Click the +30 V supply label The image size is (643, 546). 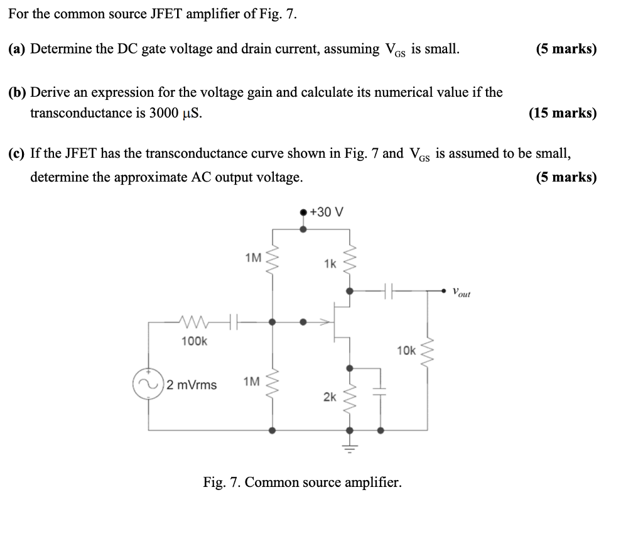327,212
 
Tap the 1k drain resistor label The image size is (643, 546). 330,264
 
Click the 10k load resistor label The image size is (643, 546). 406,350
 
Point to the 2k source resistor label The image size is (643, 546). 330,396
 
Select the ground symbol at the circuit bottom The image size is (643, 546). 350,447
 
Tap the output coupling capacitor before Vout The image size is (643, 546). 389,291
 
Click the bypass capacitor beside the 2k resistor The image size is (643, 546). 381,390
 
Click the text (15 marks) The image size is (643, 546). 563,113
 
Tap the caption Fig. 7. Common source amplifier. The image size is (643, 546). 302,483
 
